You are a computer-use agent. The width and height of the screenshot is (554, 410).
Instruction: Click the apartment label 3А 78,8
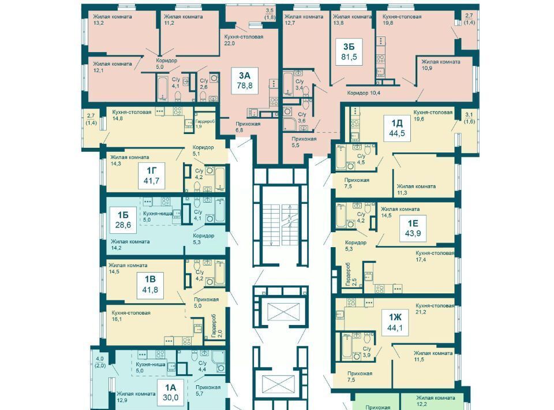pyautogui.click(x=245, y=81)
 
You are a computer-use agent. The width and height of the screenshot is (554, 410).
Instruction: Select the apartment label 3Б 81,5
pyautogui.click(x=349, y=51)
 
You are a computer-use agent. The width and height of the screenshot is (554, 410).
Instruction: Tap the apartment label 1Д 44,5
pyautogui.click(x=397, y=128)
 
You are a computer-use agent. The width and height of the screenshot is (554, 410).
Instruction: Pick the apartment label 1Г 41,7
pyautogui.click(x=151, y=176)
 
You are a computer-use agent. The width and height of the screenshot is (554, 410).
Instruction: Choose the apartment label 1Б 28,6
pyautogui.click(x=122, y=220)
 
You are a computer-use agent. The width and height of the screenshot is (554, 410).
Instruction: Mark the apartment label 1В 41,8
pyautogui.click(x=150, y=285)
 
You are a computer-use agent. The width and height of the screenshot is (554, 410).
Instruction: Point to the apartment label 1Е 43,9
pyautogui.click(x=412, y=228)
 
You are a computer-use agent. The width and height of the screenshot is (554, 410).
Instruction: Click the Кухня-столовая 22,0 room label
pyautogui.click(x=244, y=40)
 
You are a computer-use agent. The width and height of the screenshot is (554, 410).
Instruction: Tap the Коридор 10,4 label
pyautogui.click(x=363, y=93)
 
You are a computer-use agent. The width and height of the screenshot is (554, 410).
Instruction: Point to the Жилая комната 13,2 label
pyautogui.click(x=113, y=20)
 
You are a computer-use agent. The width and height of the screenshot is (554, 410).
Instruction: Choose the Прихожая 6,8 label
pyautogui.click(x=248, y=127)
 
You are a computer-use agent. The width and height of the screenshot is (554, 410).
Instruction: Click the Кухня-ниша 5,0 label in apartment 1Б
pyautogui.click(x=158, y=217)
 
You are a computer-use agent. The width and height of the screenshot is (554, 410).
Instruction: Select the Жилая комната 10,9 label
pyautogui.click(x=440, y=65)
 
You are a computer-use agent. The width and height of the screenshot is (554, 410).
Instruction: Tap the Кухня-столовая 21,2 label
pyautogui.click(x=435, y=308)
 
